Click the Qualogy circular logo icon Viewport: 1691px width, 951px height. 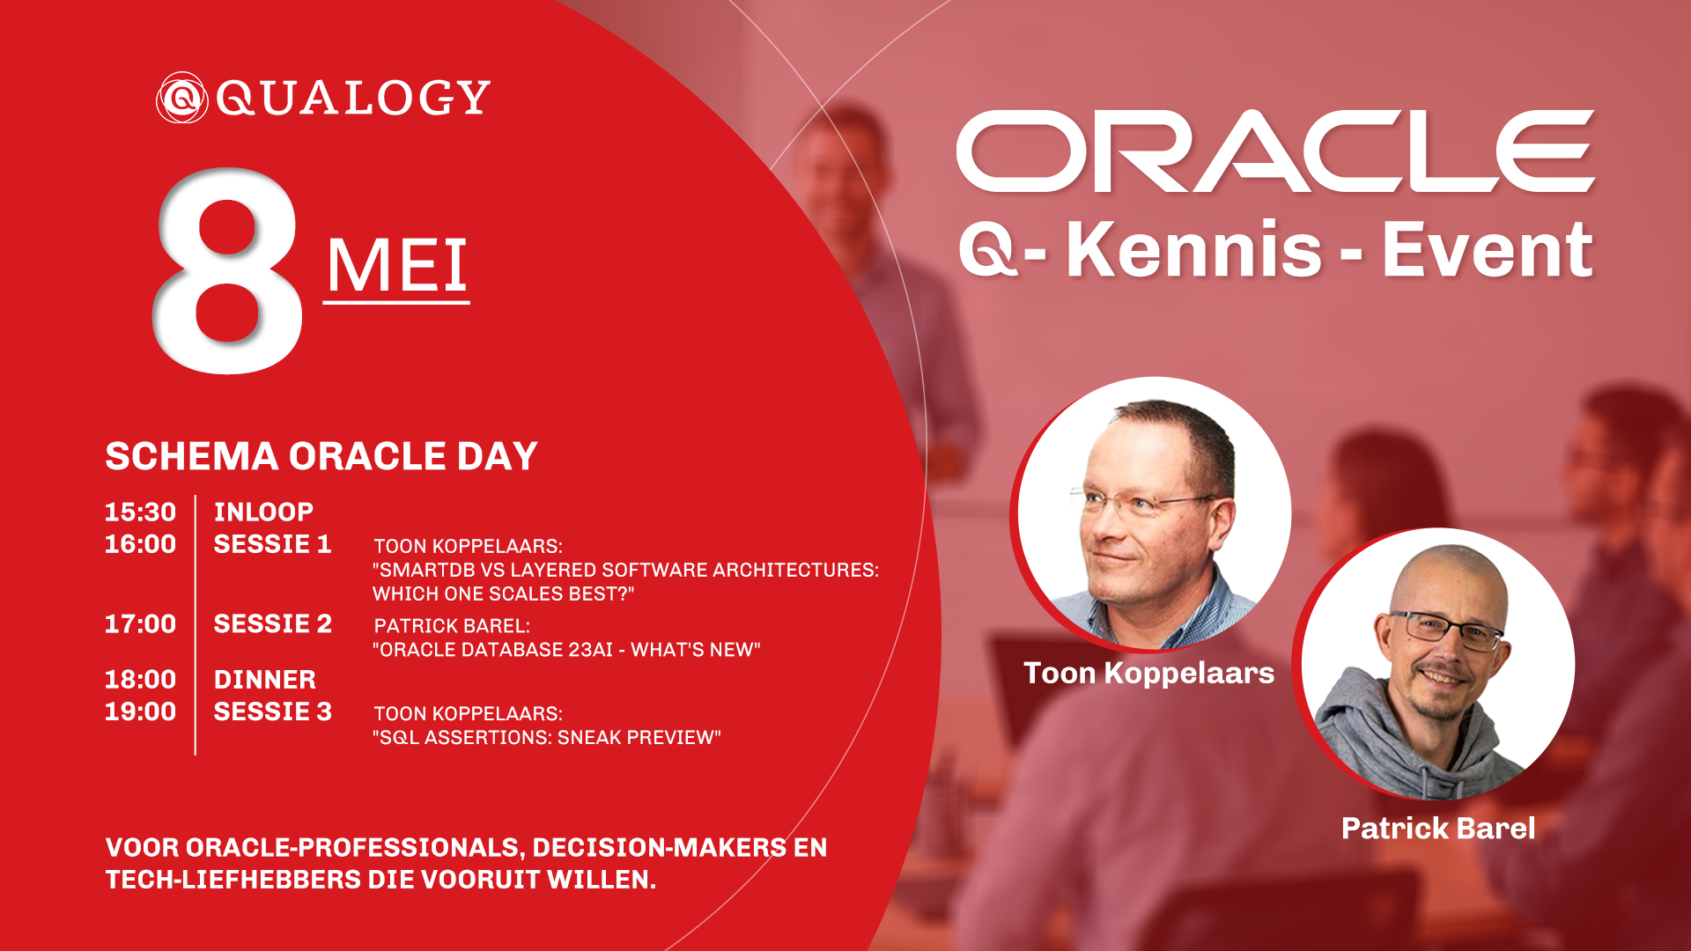(x=181, y=97)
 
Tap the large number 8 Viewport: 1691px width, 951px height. (x=229, y=270)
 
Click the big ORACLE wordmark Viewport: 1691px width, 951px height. (x=1275, y=151)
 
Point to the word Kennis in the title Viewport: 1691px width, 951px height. (x=1194, y=249)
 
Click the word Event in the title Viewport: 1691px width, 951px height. (x=1488, y=249)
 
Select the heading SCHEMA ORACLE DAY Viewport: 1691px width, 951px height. (x=321, y=456)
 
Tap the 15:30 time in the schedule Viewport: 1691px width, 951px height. (x=140, y=512)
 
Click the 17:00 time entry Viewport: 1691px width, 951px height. (x=140, y=623)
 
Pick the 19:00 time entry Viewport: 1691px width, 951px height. (x=140, y=711)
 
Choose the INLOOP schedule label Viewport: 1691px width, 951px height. (x=263, y=512)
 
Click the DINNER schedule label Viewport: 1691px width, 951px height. (x=265, y=680)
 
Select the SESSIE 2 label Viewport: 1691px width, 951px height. (x=273, y=623)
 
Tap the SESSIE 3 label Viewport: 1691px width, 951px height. (x=273, y=711)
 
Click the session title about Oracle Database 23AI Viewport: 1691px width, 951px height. (x=566, y=650)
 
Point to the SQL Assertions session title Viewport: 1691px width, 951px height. (x=547, y=738)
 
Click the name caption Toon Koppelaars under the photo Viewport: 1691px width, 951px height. (x=1149, y=673)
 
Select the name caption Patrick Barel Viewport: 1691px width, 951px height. (x=1438, y=829)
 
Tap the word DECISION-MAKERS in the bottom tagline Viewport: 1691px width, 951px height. (x=660, y=848)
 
